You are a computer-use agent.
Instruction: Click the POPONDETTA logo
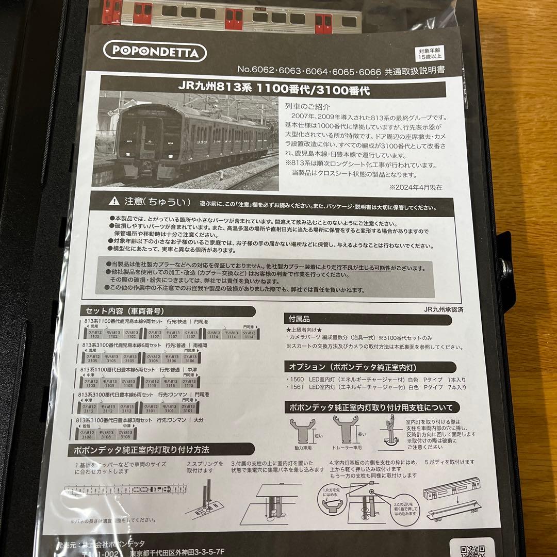[154, 52]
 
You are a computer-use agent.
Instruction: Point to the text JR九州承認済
[443, 309]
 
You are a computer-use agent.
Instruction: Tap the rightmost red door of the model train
[323, 23]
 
